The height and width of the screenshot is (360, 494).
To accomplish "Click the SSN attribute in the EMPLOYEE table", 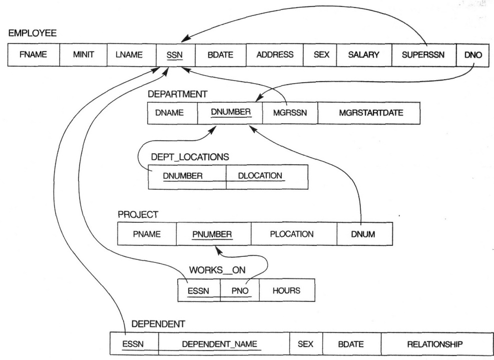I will point(175,55).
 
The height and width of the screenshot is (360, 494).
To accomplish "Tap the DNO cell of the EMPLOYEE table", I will point(473,55).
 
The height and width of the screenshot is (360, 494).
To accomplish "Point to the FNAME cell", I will point(34,55).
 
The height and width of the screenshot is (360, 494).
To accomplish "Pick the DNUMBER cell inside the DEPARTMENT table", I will point(230,113).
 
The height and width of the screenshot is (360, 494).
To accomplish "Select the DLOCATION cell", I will point(267,177).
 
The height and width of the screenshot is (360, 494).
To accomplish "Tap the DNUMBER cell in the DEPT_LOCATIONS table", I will point(187,177).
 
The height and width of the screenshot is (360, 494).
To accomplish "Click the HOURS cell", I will point(286,291).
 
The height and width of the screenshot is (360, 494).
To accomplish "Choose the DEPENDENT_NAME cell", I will point(224,344).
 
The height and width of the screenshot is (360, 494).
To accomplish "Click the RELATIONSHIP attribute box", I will point(433,344).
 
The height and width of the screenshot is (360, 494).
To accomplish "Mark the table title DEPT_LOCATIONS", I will point(190,157).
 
